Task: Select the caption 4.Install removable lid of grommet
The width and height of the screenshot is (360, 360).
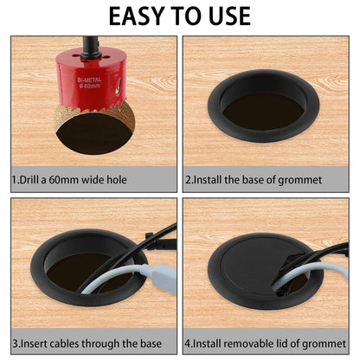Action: click(265, 342)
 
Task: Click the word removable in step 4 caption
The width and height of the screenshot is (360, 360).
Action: click(259, 342)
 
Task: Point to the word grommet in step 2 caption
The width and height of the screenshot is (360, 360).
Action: click(299, 180)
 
